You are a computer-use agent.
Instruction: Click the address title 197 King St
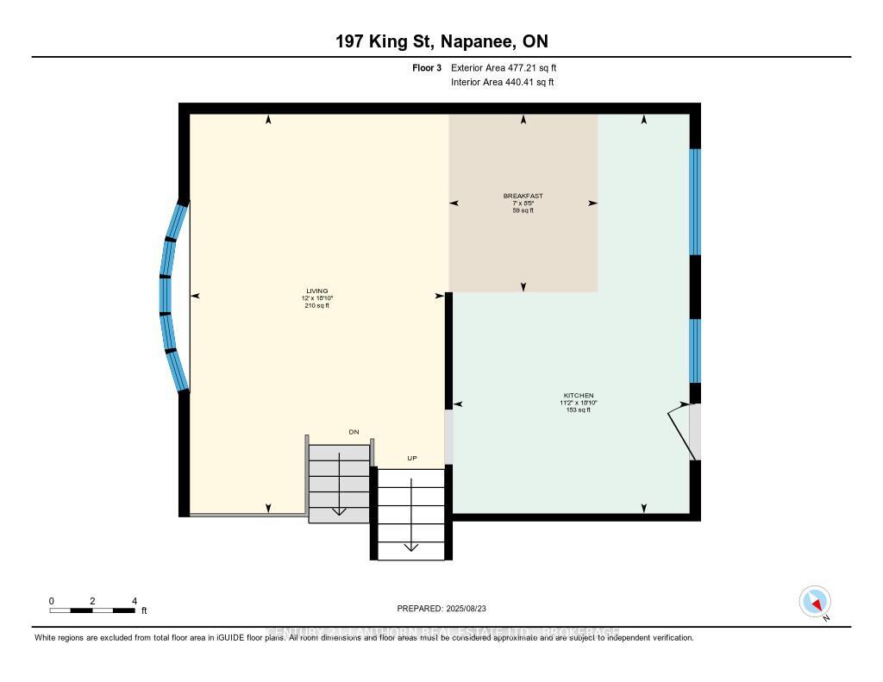point(441,41)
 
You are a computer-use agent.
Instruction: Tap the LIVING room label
point(316,291)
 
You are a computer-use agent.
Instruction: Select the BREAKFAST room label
point(523,197)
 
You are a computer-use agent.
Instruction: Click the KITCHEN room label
point(579,396)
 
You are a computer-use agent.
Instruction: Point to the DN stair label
point(354,432)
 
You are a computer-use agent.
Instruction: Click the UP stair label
point(412,458)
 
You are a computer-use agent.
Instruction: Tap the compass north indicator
point(815,601)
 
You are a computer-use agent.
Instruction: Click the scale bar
point(91,610)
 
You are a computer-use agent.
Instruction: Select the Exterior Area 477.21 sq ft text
point(510,67)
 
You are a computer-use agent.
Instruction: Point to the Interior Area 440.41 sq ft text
point(502,83)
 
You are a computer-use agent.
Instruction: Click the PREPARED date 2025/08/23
point(441,608)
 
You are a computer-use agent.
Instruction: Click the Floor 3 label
point(427,67)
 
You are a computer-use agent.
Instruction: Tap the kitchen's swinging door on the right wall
point(683,433)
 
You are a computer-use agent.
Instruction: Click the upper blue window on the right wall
point(695,202)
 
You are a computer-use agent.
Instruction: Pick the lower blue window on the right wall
point(695,350)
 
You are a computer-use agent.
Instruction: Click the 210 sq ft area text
point(316,305)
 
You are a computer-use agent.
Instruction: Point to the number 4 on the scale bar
point(135,601)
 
